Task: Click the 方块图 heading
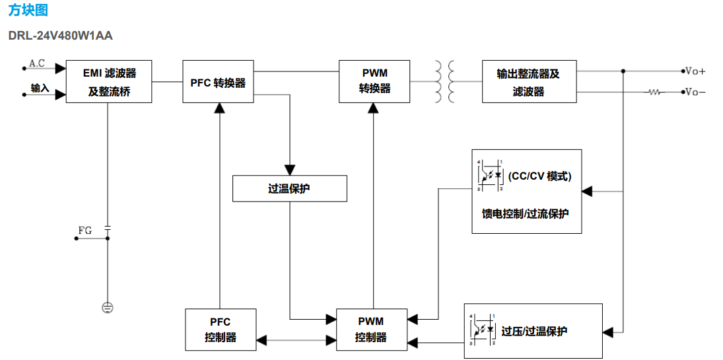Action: point(28,11)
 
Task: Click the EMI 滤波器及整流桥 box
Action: point(109,82)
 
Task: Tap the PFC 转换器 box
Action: point(218,83)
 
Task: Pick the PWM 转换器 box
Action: point(374,81)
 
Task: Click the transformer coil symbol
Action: point(444,81)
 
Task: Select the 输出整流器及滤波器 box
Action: point(530,82)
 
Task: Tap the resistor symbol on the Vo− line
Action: point(654,92)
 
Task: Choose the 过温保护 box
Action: point(289,188)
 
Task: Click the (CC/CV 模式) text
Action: point(539,176)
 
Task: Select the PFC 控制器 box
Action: point(220,329)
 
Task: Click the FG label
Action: point(85,231)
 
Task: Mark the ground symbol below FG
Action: point(108,306)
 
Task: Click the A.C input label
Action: point(37,63)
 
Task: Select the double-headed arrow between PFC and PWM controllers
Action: point(296,340)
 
